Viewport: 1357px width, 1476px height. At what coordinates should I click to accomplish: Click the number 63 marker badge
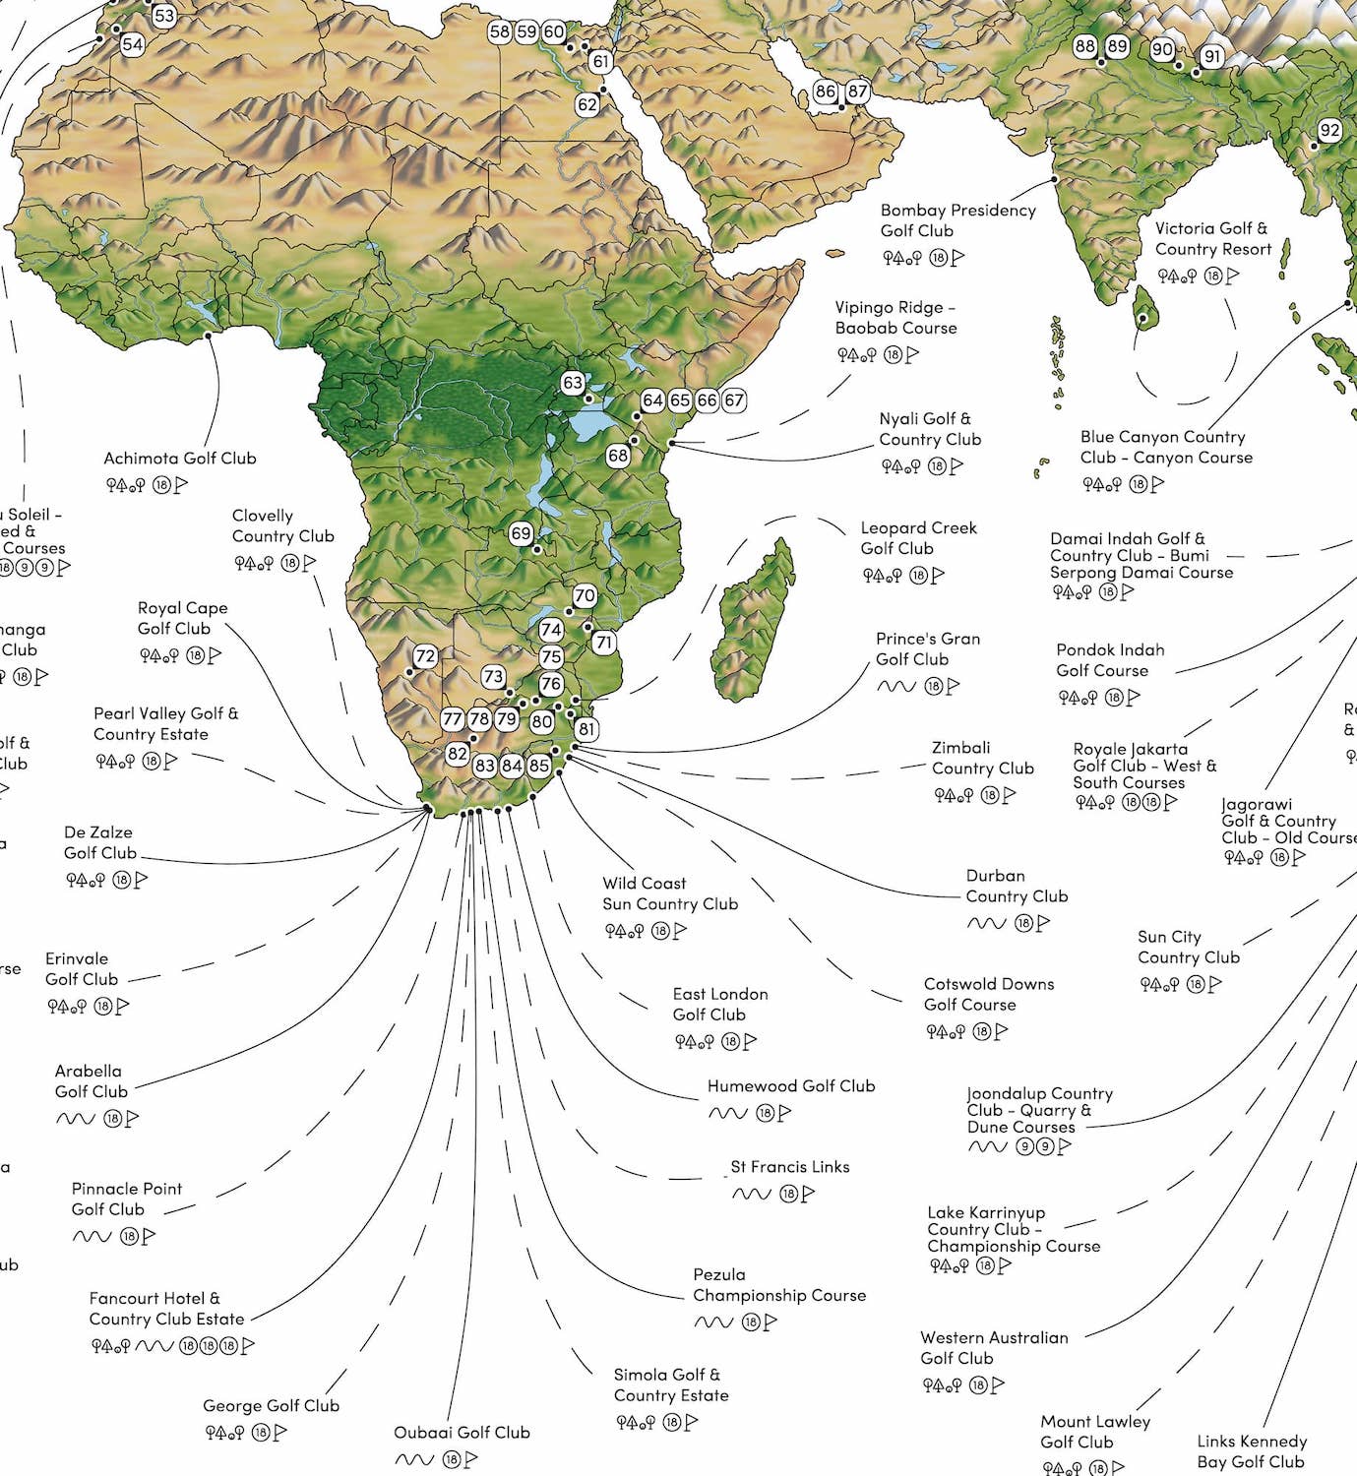click(x=573, y=383)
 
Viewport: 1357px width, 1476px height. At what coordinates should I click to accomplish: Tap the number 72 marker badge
click(x=425, y=656)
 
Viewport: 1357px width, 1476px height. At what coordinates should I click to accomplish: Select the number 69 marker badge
click(x=521, y=534)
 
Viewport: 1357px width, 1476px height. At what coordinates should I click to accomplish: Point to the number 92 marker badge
click(x=1329, y=131)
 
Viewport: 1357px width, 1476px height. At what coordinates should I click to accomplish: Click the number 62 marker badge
click(x=587, y=104)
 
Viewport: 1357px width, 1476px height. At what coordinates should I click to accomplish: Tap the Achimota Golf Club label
click(x=180, y=459)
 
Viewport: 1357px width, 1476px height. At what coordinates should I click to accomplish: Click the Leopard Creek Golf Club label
click(x=918, y=538)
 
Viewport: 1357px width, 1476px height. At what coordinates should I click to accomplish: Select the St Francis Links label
click(x=790, y=1167)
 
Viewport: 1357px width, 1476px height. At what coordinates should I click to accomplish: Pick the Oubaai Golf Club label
click(x=462, y=1433)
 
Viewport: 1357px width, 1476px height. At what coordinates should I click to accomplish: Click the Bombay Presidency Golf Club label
click(x=957, y=220)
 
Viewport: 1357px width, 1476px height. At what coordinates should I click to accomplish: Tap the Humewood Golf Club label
click(x=791, y=1086)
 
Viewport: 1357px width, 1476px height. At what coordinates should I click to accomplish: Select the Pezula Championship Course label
click(x=779, y=1285)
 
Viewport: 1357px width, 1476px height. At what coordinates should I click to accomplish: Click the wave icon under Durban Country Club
click(x=986, y=923)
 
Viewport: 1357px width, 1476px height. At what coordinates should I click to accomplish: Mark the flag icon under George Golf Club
click(x=281, y=1434)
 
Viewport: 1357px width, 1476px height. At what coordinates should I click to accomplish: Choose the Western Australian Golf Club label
click(x=994, y=1348)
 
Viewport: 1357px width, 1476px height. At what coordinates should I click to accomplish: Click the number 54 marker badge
click(x=132, y=45)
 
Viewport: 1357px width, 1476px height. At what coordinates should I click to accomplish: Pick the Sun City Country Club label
click(x=1189, y=948)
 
